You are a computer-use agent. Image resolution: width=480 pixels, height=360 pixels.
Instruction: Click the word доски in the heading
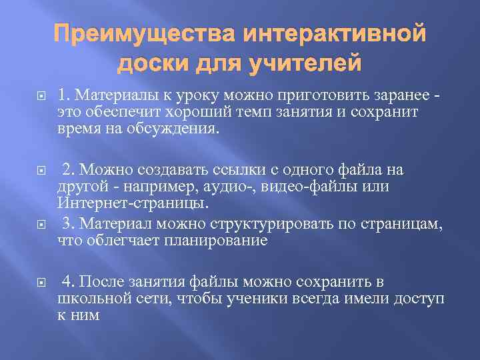(152, 64)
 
